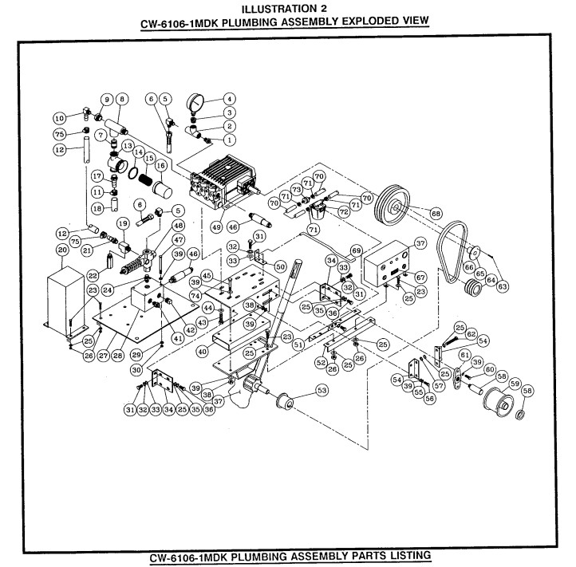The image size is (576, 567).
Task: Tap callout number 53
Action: [322, 392]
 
